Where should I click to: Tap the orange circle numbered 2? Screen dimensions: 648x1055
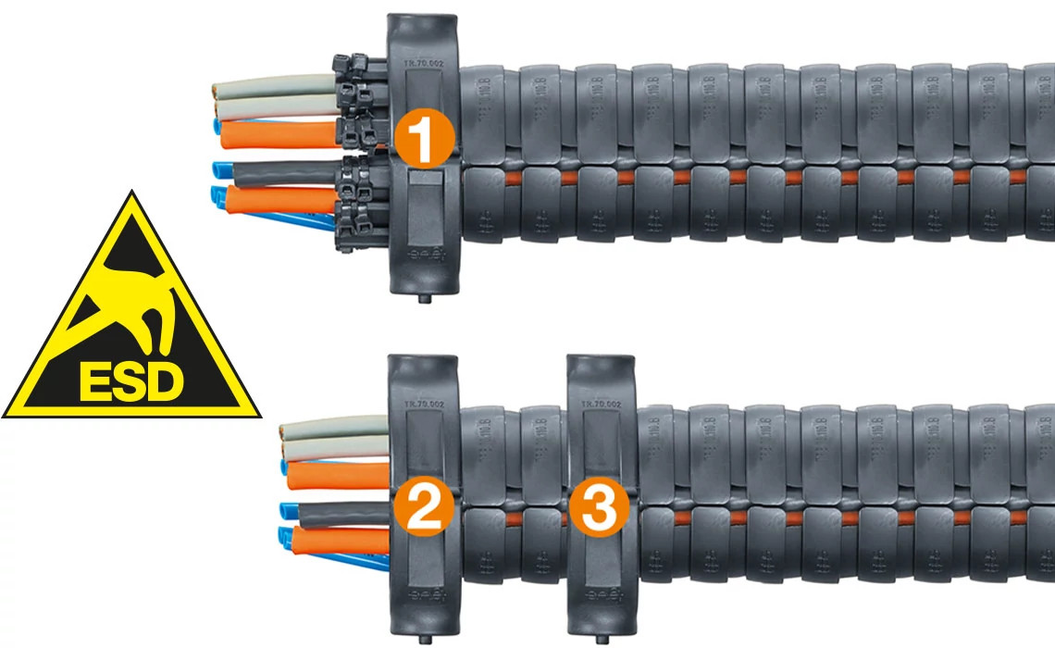click(x=423, y=509)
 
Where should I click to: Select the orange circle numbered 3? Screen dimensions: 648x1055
click(x=599, y=509)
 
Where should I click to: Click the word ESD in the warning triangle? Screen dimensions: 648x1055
click(x=131, y=380)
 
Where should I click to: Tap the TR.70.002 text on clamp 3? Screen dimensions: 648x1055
click(x=599, y=405)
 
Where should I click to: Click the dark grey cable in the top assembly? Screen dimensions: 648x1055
click(x=287, y=173)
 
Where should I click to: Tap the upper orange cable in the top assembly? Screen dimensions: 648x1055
click(x=278, y=136)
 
